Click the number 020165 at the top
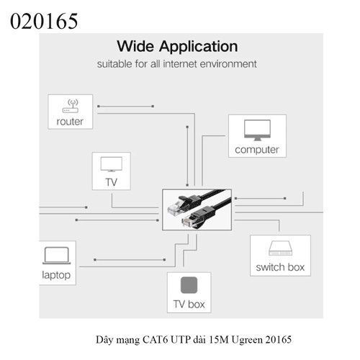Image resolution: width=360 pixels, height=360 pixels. point(44,21)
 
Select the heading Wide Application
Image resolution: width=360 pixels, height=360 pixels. point(177,47)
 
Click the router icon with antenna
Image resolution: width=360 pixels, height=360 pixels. point(71,106)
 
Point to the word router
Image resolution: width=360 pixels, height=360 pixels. point(70,122)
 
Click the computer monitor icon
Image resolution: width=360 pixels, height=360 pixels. point(257,130)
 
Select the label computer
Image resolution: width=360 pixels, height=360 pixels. point(257,150)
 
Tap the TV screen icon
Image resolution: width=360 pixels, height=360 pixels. point(112,164)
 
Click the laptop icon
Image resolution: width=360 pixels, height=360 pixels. point(57,256)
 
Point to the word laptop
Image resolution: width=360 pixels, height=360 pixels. point(56,275)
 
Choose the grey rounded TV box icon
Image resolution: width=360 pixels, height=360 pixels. point(189,285)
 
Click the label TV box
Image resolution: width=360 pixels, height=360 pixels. point(189,305)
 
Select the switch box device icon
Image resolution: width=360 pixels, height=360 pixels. point(280,248)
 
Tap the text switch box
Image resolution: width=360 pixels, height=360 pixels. point(280,267)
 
